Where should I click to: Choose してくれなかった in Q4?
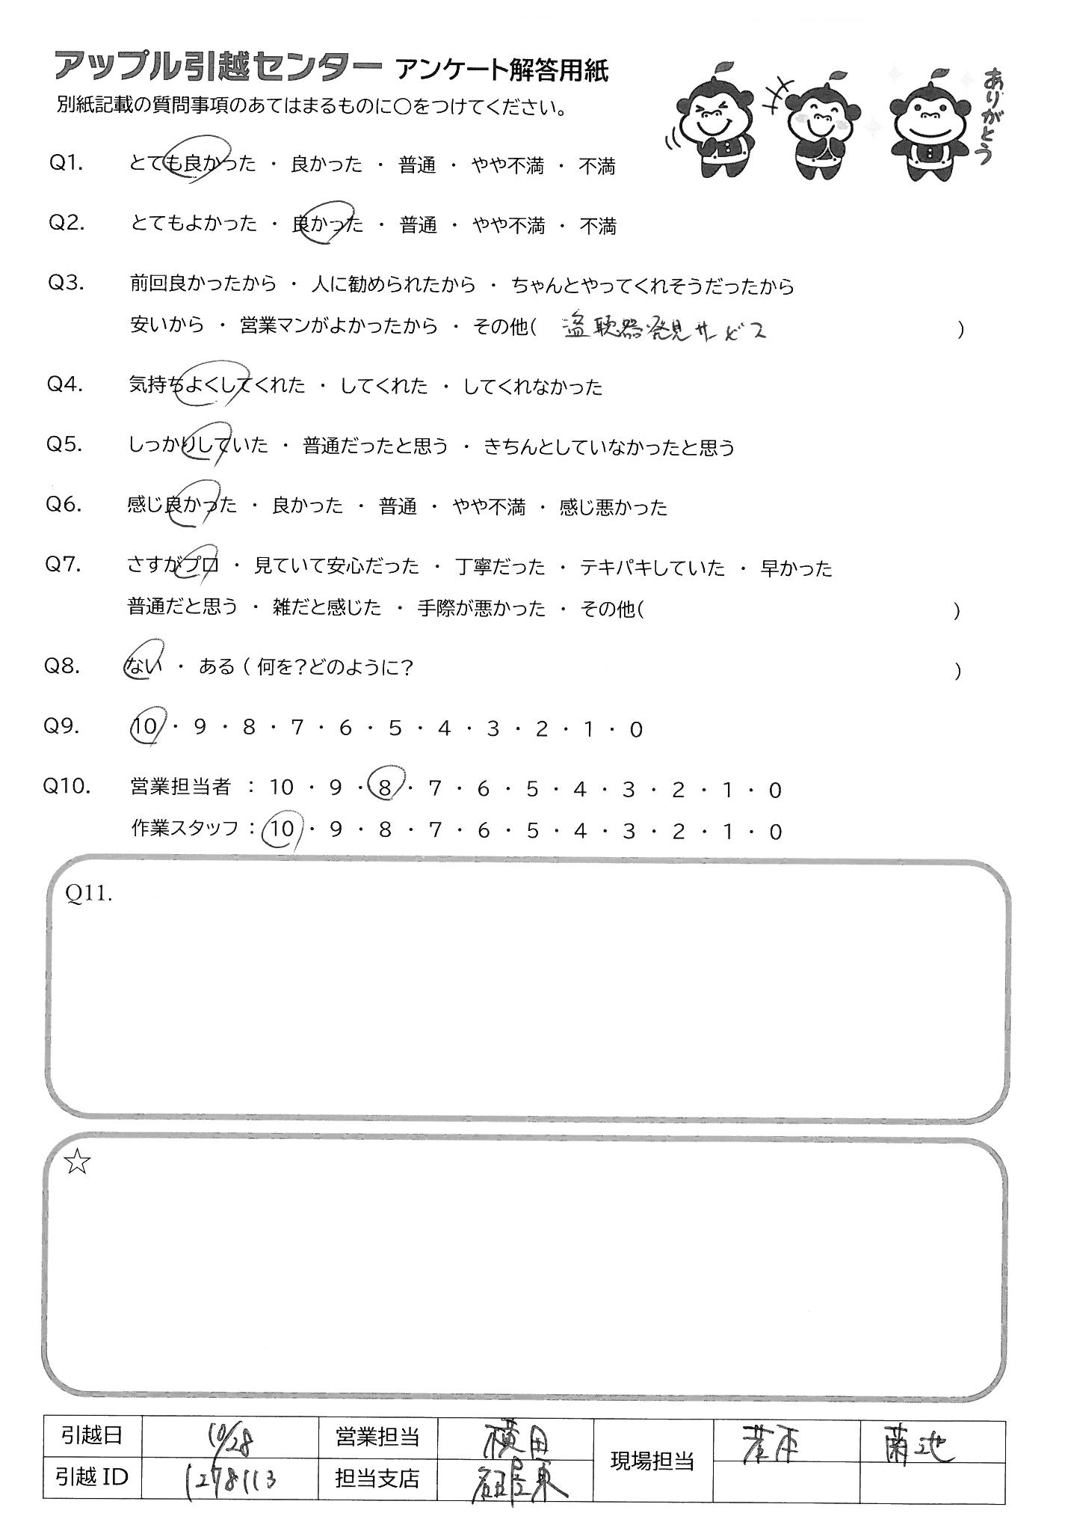coord(532,387)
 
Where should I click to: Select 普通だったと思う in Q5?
coord(375,446)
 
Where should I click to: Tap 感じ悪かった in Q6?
coord(613,507)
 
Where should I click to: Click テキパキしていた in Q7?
coord(652,568)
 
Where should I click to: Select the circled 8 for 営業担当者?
coord(385,788)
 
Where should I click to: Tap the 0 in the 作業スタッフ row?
coord(775,831)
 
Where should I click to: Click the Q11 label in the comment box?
coord(89,894)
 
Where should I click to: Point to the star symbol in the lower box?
coord(78,1161)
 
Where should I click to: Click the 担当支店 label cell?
coord(377,1479)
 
